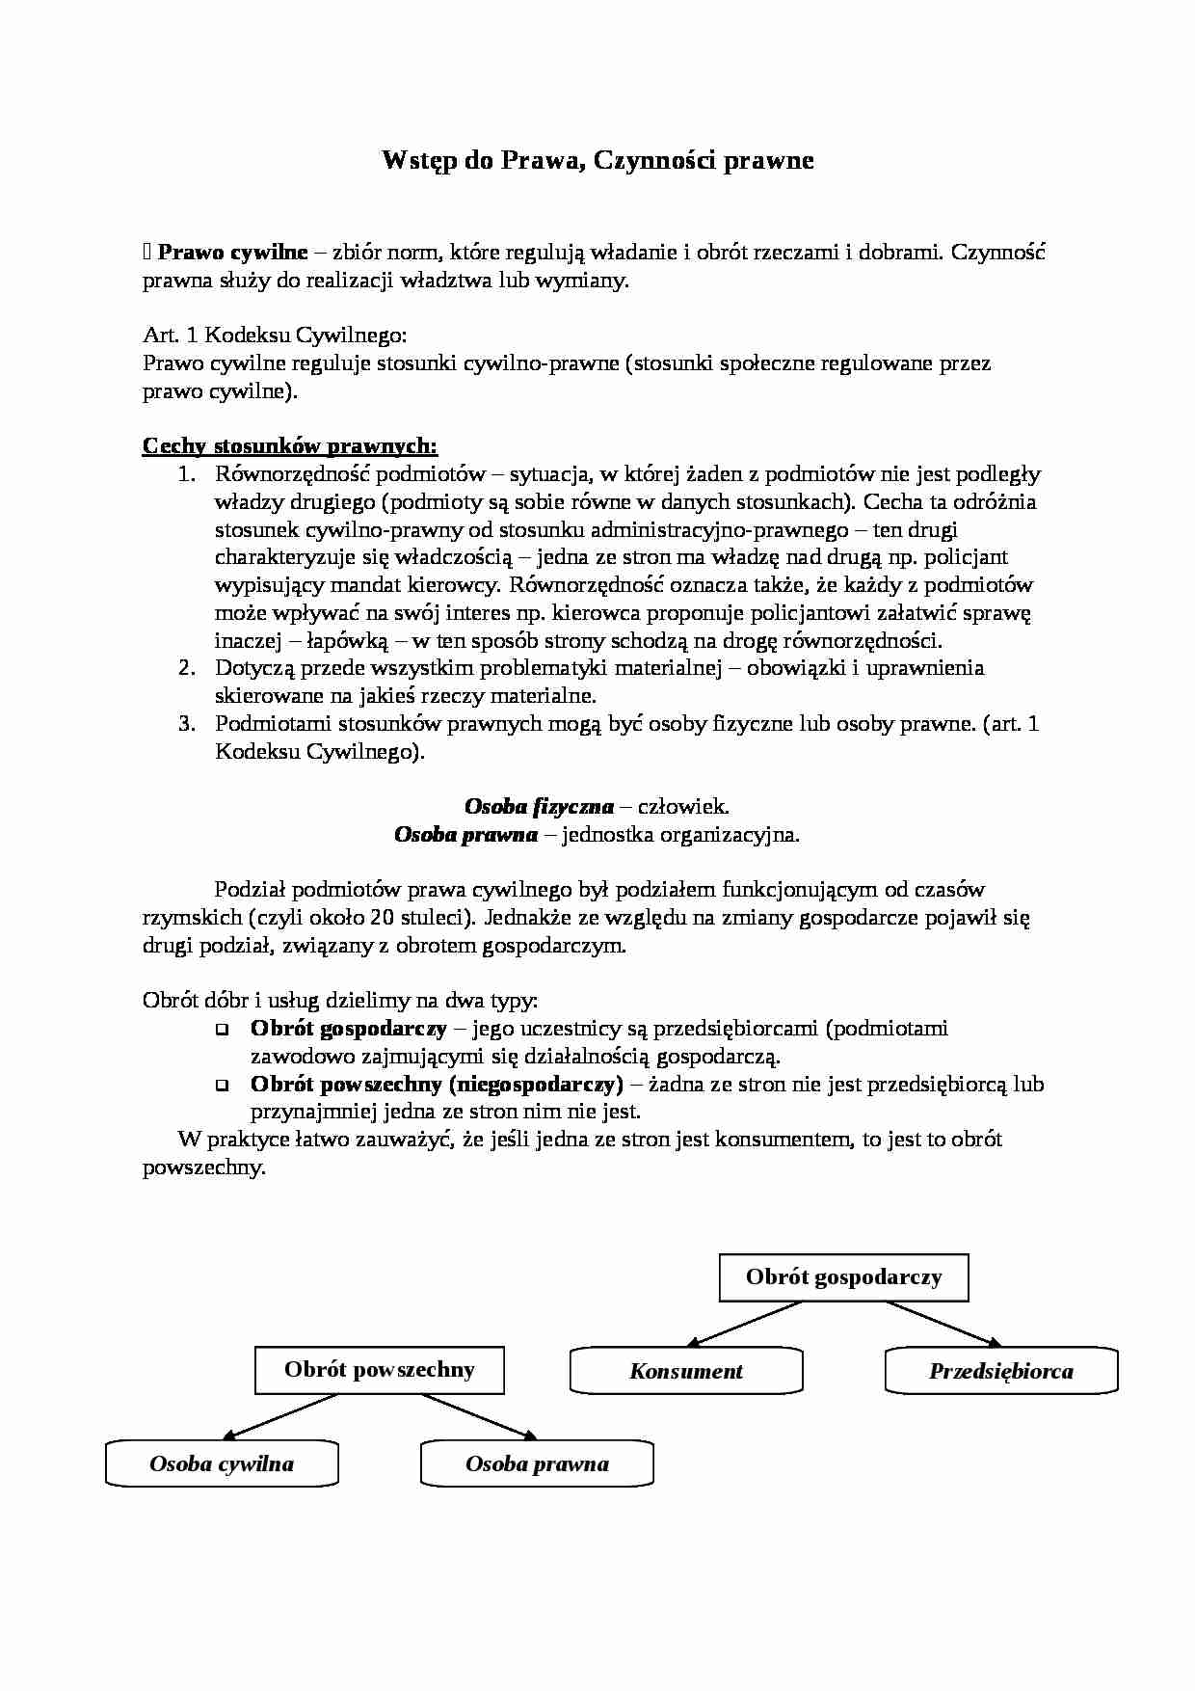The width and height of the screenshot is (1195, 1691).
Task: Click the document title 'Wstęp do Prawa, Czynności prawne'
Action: tap(597, 160)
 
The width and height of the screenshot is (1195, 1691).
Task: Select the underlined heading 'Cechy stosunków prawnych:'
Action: tap(290, 446)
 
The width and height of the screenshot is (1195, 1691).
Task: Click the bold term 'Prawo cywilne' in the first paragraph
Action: tap(232, 253)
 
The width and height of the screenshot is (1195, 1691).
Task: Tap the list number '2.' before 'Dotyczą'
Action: tap(187, 668)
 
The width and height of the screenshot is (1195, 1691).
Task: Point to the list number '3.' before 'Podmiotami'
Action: tap(187, 724)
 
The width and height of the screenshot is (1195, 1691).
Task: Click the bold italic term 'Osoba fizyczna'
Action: tap(539, 807)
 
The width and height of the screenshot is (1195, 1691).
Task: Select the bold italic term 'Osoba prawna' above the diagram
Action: tap(465, 835)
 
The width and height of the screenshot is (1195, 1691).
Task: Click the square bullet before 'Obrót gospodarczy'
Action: tap(223, 1030)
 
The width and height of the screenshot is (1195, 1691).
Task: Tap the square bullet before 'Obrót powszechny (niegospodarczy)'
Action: tap(223, 1086)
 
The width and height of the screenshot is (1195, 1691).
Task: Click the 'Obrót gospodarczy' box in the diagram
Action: tap(843, 1277)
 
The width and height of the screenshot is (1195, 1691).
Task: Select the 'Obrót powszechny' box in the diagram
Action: tap(379, 1370)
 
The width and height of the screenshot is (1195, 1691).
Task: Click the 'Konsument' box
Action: tap(686, 1371)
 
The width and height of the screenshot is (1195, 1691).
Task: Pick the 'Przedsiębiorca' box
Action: tap(1001, 1371)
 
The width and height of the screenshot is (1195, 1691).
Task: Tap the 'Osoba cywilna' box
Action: tap(222, 1463)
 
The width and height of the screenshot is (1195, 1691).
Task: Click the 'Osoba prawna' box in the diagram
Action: tap(537, 1463)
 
